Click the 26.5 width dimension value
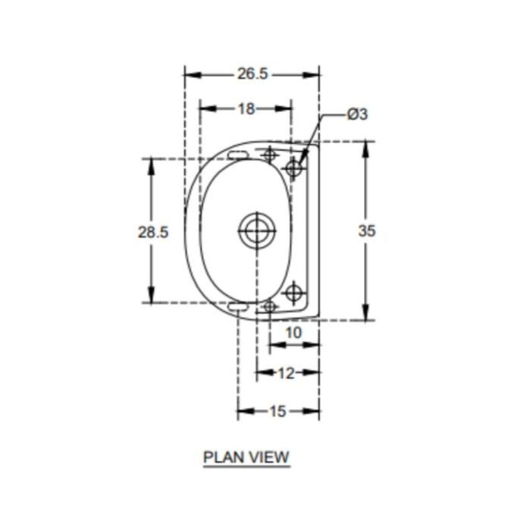click(x=252, y=74)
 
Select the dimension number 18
click(x=246, y=108)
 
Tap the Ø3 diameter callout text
click(x=357, y=114)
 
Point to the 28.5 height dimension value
click(x=152, y=232)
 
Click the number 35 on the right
click(x=366, y=231)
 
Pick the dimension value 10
click(x=293, y=332)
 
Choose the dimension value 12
click(x=286, y=372)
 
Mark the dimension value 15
click(x=278, y=411)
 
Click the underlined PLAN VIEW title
click(x=246, y=457)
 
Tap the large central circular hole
click(x=256, y=231)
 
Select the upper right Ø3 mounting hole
click(x=294, y=168)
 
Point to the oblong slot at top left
click(x=237, y=155)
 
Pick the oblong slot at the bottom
click(x=237, y=306)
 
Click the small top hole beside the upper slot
click(x=268, y=155)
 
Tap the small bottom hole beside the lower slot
click(x=268, y=306)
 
